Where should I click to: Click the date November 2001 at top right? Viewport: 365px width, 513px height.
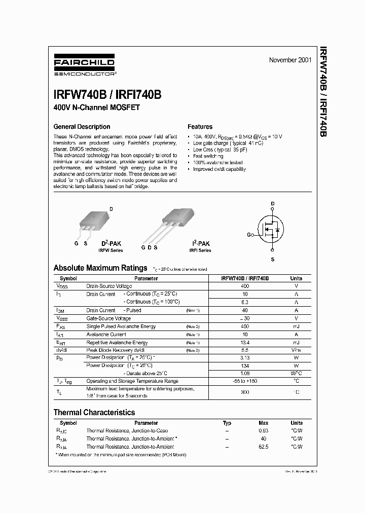point(290,60)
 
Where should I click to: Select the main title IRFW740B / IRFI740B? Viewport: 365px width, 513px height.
point(107,95)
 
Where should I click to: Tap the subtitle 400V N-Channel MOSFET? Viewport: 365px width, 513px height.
point(96,107)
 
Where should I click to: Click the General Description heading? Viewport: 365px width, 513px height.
point(82,127)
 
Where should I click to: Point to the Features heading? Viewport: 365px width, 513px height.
point(200,127)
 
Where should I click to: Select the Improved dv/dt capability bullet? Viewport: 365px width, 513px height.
point(219,169)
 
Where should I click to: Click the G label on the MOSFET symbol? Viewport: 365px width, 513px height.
point(249,235)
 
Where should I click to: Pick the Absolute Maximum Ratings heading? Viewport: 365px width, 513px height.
point(100,268)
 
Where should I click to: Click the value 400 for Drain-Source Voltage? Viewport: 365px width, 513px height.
point(245,286)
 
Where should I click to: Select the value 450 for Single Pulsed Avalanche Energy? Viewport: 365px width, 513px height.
point(245,326)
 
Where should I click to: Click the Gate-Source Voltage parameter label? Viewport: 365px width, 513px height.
point(108,318)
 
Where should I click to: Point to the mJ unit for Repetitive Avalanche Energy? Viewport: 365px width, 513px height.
point(296,343)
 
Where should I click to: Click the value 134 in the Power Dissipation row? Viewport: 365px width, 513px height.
point(245,365)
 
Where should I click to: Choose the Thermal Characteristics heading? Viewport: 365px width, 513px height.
point(94,413)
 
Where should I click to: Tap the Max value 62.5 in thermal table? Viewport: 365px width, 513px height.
point(263,447)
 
